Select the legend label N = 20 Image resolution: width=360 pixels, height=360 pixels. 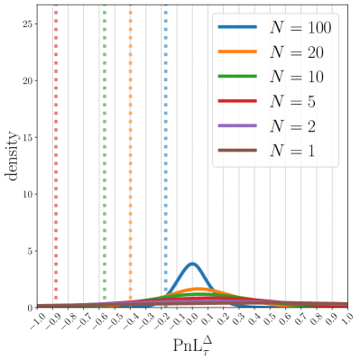(297, 52)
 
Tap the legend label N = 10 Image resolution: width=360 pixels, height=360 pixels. (297, 77)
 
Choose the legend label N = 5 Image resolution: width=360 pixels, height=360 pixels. (293, 101)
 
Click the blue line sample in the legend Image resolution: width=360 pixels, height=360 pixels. (238, 28)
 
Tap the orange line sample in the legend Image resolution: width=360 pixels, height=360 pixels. (238, 52)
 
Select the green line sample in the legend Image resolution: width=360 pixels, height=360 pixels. (238, 77)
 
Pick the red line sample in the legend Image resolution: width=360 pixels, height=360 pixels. (238, 101)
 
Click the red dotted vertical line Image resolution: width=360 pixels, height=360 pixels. (56, 153)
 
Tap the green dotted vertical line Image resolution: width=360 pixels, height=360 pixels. (106, 153)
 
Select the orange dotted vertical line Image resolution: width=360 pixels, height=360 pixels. (131, 153)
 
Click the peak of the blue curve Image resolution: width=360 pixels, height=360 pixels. (192, 263)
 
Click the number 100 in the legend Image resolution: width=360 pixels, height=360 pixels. (318, 28)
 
